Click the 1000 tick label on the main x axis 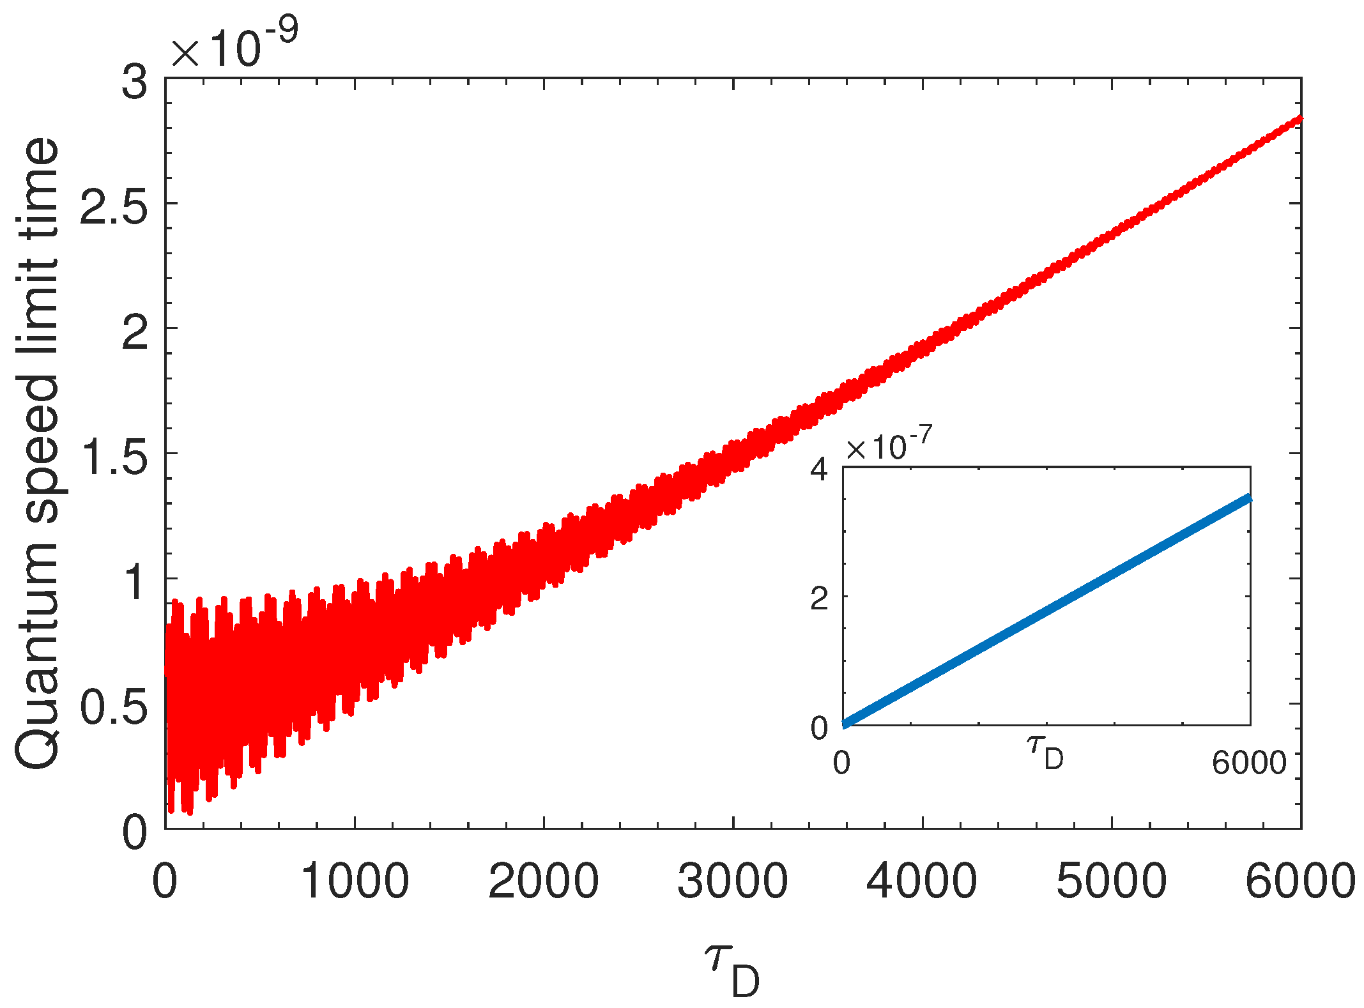[x=355, y=882]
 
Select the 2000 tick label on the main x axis [x=544, y=882]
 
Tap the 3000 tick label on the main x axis [x=733, y=882]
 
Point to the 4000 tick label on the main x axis [x=922, y=882]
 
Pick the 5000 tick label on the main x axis [x=1112, y=882]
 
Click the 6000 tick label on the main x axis [x=1301, y=882]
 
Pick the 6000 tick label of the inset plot [x=1249, y=763]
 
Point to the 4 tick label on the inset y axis [x=819, y=470]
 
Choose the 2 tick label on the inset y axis [x=819, y=599]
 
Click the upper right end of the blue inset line [x=1248, y=499]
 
